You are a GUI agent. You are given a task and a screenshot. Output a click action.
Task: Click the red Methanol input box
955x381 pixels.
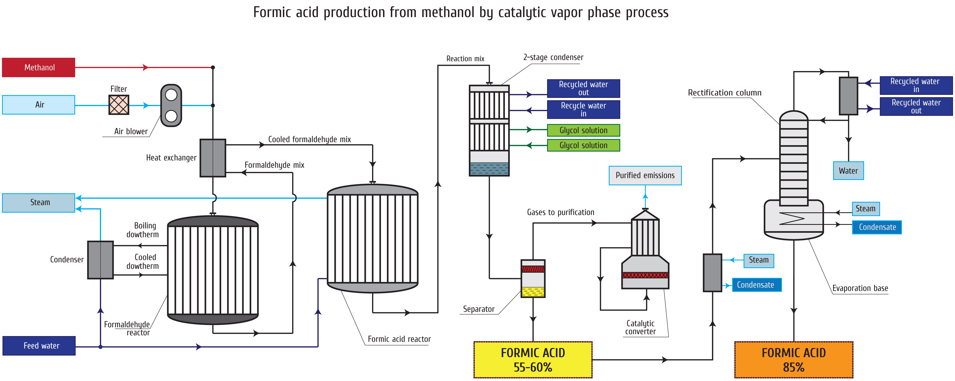click(39, 67)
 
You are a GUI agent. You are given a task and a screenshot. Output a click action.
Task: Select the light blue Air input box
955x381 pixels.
click(39, 104)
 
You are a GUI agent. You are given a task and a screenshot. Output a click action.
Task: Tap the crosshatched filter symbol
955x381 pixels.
click(119, 104)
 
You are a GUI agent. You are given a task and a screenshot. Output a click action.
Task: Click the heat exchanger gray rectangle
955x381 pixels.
click(213, 158)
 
